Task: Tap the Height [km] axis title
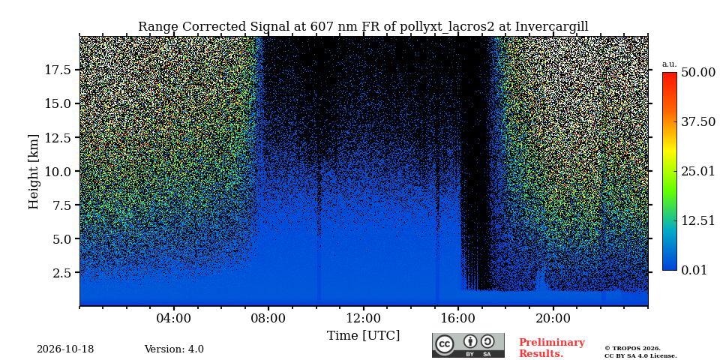(34, 172)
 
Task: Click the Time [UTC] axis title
(363, 336)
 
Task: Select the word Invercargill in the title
(551, 27)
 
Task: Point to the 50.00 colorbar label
(698, 72)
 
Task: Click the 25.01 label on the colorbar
(698, 171)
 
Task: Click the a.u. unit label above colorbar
(670, 64)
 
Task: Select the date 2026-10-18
(65, 349)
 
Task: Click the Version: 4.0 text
(174, 349)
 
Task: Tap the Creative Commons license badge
(468, 345)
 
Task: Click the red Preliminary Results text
(552, 348)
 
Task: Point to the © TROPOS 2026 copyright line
(632, 349)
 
